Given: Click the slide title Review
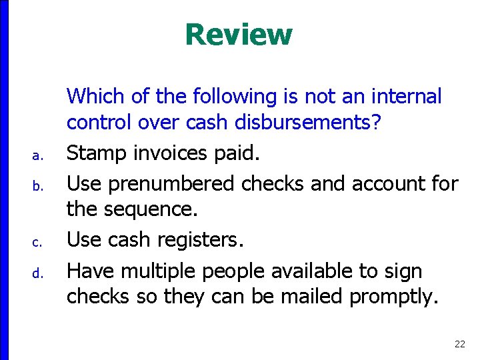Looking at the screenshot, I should [x=239, y=35].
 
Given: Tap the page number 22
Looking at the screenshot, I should [x=459, y=344].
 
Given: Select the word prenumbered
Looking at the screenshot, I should [x=171, y=183].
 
